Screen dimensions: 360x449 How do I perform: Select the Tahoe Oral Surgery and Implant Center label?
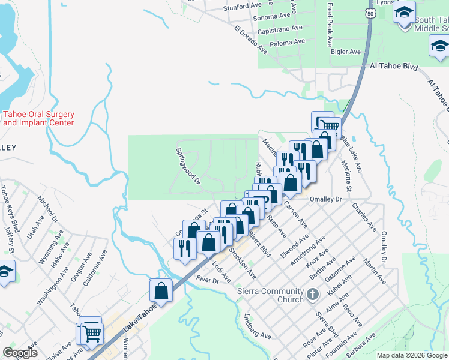38,118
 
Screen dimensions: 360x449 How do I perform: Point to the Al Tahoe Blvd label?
393,67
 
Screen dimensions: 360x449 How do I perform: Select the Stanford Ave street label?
243,7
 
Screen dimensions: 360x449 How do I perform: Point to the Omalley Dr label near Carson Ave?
325,199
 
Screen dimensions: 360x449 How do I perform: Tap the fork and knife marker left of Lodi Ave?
184,247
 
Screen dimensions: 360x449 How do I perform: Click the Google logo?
20,353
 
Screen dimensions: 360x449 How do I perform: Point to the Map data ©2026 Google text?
412,355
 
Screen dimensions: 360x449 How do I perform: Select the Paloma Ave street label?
288,42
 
